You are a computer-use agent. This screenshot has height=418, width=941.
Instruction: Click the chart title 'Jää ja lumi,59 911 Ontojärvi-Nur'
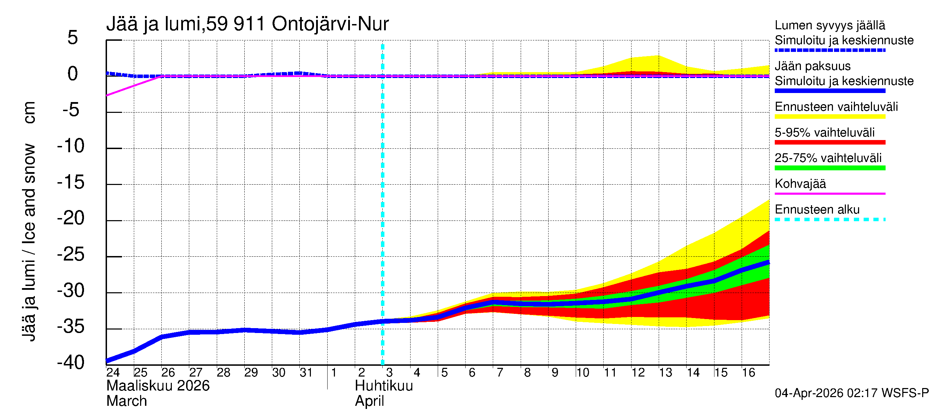tap(247, 24)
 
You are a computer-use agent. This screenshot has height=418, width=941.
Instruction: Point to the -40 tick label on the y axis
tap(71, 363)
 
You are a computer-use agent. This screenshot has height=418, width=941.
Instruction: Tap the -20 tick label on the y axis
tap(71, 218)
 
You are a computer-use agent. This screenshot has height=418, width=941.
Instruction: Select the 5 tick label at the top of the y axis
tap(73, 38)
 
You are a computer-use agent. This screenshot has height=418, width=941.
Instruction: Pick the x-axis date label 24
tap(113, 372)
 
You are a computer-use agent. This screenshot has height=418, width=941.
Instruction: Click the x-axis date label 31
tap(306, 372)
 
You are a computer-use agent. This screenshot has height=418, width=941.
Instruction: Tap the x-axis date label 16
tap(748, 372)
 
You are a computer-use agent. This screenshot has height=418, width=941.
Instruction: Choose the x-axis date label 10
tap(583, 372)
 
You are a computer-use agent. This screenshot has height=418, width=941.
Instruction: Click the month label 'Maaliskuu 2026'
tap(158, 386)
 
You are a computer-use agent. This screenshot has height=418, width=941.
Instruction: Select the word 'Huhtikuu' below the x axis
tap(384, 386)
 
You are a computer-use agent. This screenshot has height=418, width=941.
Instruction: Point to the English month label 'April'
tap(369, 401)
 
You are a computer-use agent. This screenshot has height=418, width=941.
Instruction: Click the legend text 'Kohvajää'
tap(800, 184)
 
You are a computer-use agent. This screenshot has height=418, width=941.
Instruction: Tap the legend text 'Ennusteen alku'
tap(817, 210)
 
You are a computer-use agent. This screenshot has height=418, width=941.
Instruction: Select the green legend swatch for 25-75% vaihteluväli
tap(829, 168)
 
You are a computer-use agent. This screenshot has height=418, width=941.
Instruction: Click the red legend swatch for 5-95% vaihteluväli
tap(829, 142)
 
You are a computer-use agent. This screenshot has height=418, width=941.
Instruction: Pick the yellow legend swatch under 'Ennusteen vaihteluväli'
tap(829, 117)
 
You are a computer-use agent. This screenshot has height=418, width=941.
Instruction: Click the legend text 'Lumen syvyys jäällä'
tap(829, 25)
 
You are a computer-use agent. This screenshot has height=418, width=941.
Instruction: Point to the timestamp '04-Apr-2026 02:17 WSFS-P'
tap(851, 393)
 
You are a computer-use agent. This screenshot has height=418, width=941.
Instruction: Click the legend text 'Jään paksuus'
tap(812, 66)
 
